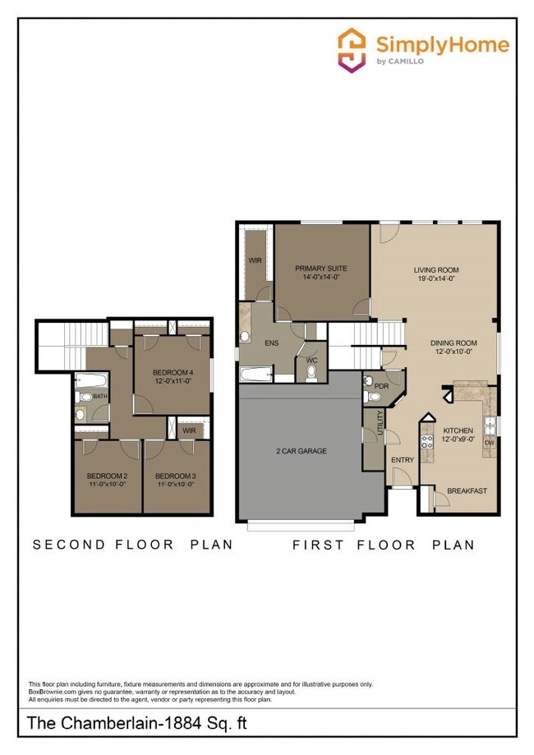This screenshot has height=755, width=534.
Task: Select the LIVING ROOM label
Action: [435, 269]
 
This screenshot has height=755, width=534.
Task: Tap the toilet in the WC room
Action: [311, 373]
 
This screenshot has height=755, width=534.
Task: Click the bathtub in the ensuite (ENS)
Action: [257, 375]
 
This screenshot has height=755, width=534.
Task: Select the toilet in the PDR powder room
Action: [374, 398]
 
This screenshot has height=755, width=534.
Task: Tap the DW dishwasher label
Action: [490, 442]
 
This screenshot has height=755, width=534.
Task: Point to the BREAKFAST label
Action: [467, 491]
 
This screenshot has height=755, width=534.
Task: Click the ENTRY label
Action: [403, 460]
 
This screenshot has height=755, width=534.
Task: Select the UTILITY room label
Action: [380, 426]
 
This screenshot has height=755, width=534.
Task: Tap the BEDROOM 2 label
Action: [108, 476]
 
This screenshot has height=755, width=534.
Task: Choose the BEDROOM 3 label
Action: [176, 476]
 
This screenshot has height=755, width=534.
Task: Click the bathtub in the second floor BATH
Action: [90, 380]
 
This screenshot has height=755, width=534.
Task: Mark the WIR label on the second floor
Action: [189, 430]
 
